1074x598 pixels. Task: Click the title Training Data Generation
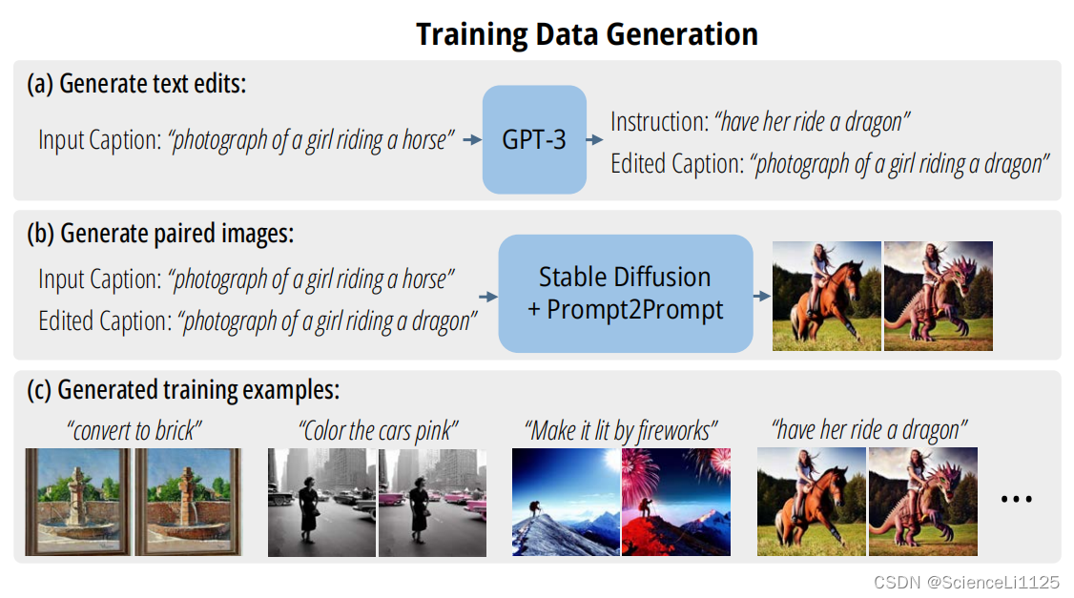click(587, 34)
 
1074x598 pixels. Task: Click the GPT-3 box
click(534, 140)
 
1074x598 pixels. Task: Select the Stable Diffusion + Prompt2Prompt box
click(626, 293)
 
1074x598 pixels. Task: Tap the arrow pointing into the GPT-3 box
click(472, 140)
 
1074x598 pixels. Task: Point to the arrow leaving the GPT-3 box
click(594, 140)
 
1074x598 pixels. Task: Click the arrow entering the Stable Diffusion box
click(488, 297)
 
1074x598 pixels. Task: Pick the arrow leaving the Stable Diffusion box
click(762, 296)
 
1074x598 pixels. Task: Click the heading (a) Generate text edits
click(136, 84)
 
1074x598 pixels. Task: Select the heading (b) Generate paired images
click(160, 234)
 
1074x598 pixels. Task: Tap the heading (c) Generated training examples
click(183, 390)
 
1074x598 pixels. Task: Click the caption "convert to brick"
click(134, 431)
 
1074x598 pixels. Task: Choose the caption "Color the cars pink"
click(378, 431)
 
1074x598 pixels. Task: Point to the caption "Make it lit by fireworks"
click(621, 431)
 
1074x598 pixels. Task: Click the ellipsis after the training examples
click(1017, 500)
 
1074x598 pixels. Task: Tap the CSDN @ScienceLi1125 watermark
click(966, 582)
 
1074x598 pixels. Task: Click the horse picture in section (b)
click(827, 296)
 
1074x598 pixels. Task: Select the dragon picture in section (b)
click(939, 296)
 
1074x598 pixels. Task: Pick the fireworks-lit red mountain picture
click(676, 502)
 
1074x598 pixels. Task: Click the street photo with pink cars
click(432, 503)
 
